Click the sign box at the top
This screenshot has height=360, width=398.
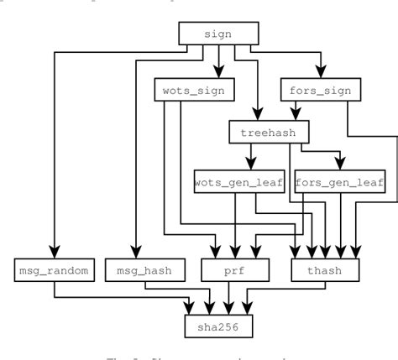pyautogui.click(x=218, y=34)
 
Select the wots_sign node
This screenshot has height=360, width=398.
pyautogui.click(x=192, y=89)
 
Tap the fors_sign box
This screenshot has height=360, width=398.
pyautogui.click(x=320, y=89)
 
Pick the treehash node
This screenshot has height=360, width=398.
pyautogui.click(x=269, y=132)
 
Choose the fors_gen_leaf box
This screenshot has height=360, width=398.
pyautogui.click(x=340, y=181)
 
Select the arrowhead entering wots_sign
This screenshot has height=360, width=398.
pyautogui.click(x=218, y=73)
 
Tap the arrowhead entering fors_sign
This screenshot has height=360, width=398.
pyautogui.click(x=318, y=73)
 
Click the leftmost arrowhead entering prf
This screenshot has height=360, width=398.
pyautogui.click(x=217, y=253)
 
